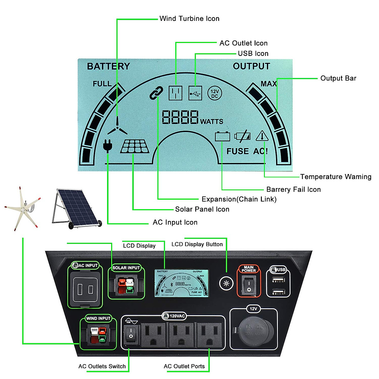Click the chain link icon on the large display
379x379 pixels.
click(156, 93)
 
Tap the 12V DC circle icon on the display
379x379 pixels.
click(214, 93)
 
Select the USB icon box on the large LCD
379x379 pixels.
click(195, 93)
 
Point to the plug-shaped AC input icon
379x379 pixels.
click(107, 146)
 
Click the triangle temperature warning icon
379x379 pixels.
click(262, 136)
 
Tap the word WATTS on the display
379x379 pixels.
click(212, 122)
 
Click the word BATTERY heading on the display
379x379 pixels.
click(108, 66)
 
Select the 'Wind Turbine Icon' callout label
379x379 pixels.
click(189, 19)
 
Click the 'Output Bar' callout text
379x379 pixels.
click(338, 78)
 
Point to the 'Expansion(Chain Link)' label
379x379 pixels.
click(239, 199)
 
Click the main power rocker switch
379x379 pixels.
click(249, 285)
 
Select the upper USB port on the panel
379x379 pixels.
click(278, 279)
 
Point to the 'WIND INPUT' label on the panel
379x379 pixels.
click(98, 318)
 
